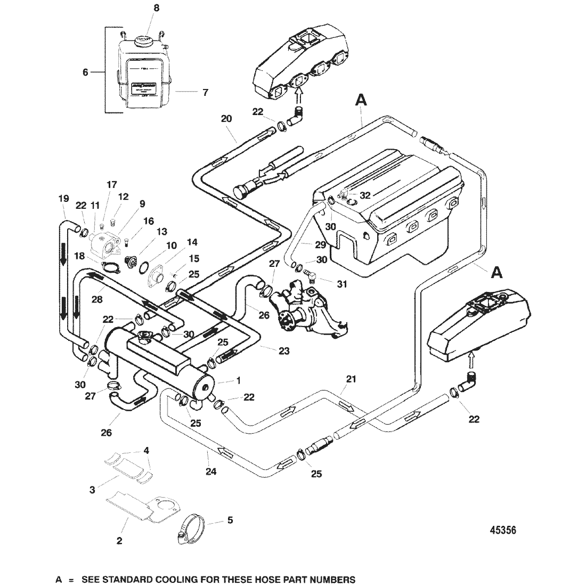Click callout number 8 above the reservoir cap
pos(141,9)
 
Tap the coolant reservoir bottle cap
pos(143,40)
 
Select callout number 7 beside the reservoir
pos(205,92)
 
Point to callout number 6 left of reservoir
pos(85,72)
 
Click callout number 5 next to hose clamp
pos(230,519)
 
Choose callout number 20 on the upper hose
pos(226,119)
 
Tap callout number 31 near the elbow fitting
pos(341,284)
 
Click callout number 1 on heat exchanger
pos(238,380)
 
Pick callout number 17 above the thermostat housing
pos(111,185)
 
